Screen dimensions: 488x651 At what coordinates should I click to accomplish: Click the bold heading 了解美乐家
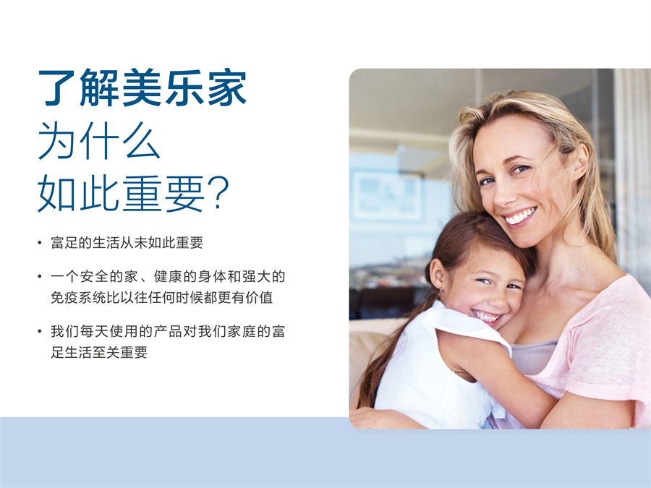tap(142, 89)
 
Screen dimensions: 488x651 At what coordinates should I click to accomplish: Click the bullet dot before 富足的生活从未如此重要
tap(40, 243)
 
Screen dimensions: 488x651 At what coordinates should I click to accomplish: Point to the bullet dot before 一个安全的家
tap(40, 277)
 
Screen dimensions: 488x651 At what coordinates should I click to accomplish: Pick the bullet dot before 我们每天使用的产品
tap(40, 332)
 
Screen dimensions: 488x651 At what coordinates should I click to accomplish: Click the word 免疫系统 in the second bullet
tap(77, 297)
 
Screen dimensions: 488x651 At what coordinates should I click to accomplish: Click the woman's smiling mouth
tap(520, 215)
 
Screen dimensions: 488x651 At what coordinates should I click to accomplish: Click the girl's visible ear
tap(438, 273)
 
